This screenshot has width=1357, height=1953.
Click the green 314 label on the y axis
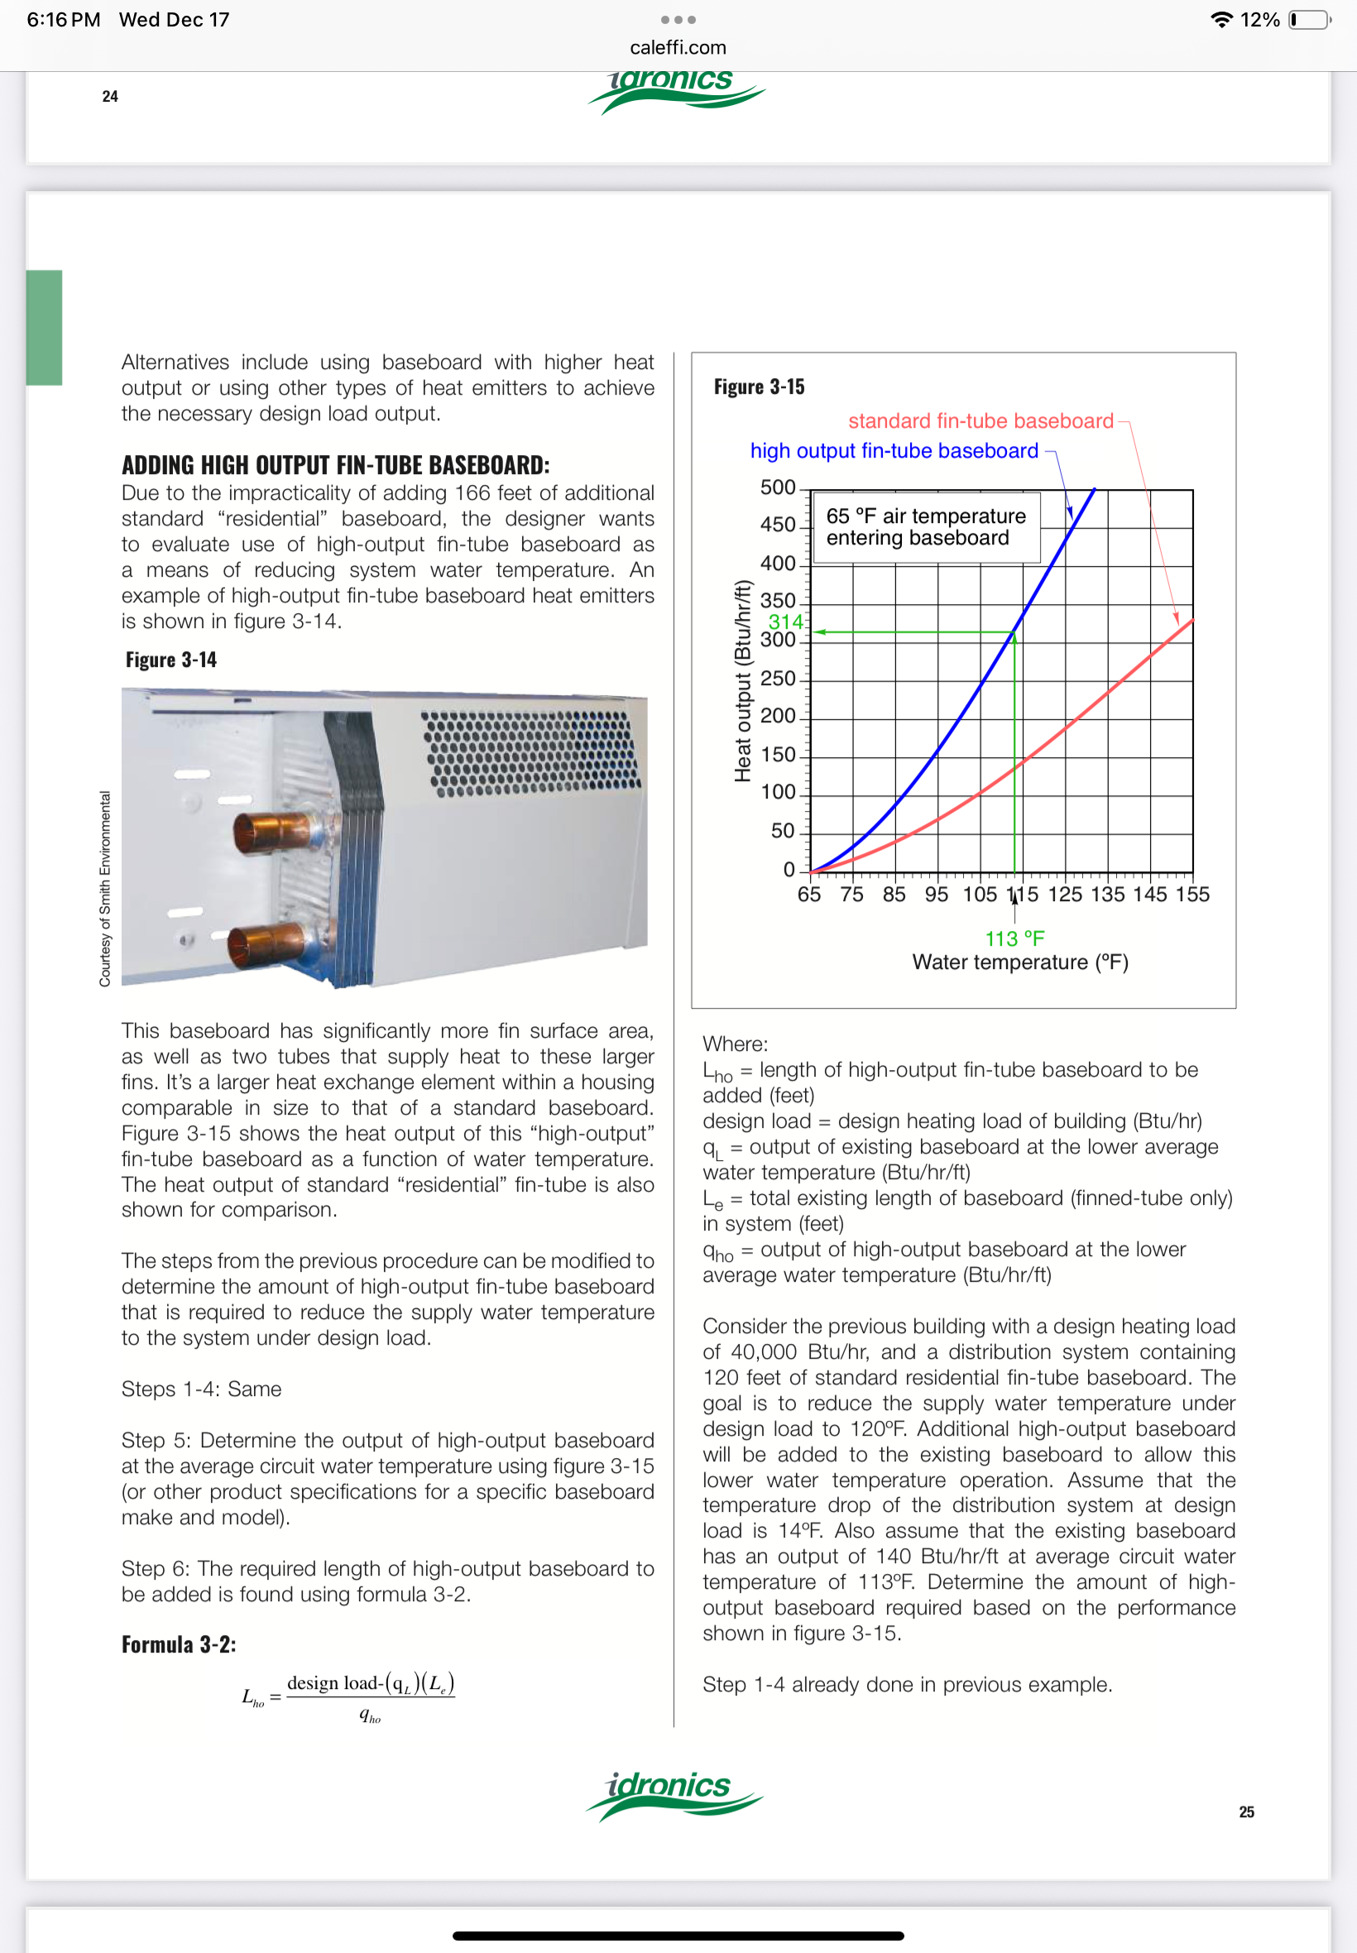784,621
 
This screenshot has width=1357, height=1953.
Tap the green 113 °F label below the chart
1014,938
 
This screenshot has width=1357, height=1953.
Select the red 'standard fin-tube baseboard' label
980,421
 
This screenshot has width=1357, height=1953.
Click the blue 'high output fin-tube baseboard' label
893,451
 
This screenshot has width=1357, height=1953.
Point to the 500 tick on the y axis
777,487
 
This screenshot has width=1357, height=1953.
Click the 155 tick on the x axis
1192,895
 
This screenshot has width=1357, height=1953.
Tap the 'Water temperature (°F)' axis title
1019,962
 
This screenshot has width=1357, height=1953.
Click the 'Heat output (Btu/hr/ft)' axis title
743,680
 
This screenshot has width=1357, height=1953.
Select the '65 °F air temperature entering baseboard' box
926,527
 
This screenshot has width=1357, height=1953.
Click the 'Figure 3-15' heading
759,386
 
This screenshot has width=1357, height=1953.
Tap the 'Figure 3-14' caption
171,660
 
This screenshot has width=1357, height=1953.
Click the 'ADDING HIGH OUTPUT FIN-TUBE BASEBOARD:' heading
335,465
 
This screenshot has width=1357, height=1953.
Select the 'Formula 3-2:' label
179,1644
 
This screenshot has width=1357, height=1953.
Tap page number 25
1245,1811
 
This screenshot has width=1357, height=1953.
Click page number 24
110,96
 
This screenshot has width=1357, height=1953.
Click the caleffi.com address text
678,48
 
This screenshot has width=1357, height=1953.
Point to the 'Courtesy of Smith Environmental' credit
104,889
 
